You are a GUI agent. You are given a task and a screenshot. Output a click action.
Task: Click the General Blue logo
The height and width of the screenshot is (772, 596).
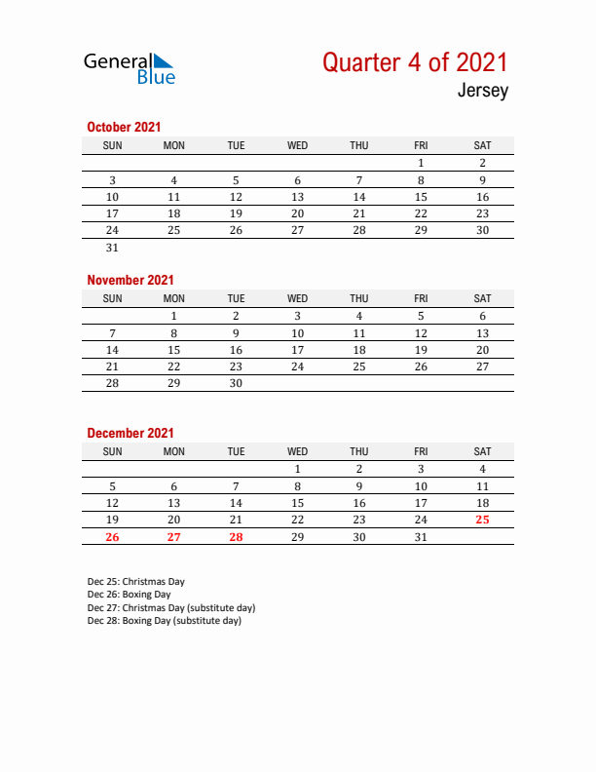(130, 67)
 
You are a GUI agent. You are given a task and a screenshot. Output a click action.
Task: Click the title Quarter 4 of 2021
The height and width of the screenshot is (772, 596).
(415, 62)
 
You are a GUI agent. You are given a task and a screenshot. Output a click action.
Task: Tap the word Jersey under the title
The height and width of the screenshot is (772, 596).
(481, 93)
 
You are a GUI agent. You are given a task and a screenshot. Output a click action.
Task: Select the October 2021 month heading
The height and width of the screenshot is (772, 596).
(124, 127)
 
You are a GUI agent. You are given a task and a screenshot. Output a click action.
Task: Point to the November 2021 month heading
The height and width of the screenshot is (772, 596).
(130, 280)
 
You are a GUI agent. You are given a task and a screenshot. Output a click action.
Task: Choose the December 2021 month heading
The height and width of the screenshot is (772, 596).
(130, 433)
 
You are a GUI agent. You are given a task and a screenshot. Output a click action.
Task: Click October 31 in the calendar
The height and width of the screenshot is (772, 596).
(112, 248)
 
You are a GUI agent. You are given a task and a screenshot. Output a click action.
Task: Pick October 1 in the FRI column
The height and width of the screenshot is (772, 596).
(421, 163)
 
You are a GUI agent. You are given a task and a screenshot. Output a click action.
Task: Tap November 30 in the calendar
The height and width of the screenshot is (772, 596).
(236, 383)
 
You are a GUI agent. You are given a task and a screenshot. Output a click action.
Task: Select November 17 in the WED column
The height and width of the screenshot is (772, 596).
(297, 350)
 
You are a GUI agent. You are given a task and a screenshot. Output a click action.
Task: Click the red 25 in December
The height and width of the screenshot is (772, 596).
(482, 520)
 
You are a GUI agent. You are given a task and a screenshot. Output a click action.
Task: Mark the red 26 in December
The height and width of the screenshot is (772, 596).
(112, 537)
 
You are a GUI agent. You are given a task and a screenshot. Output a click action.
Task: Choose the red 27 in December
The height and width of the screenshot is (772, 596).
(173, 537)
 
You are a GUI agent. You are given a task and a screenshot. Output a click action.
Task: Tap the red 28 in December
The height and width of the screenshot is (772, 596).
(236, 537)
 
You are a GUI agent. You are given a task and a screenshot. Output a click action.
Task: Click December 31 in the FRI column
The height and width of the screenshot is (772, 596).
(421, 537)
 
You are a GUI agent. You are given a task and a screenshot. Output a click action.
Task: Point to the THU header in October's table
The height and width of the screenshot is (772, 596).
(358, 145)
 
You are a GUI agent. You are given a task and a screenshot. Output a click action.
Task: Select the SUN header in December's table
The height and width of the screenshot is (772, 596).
(112, 451)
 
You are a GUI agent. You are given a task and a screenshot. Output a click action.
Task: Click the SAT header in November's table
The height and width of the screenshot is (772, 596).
(482, 298)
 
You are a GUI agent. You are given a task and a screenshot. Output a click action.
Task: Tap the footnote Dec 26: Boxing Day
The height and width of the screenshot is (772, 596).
(129, 594)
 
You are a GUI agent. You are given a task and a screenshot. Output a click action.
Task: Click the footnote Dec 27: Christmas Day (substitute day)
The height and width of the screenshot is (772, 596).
(171, 607)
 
